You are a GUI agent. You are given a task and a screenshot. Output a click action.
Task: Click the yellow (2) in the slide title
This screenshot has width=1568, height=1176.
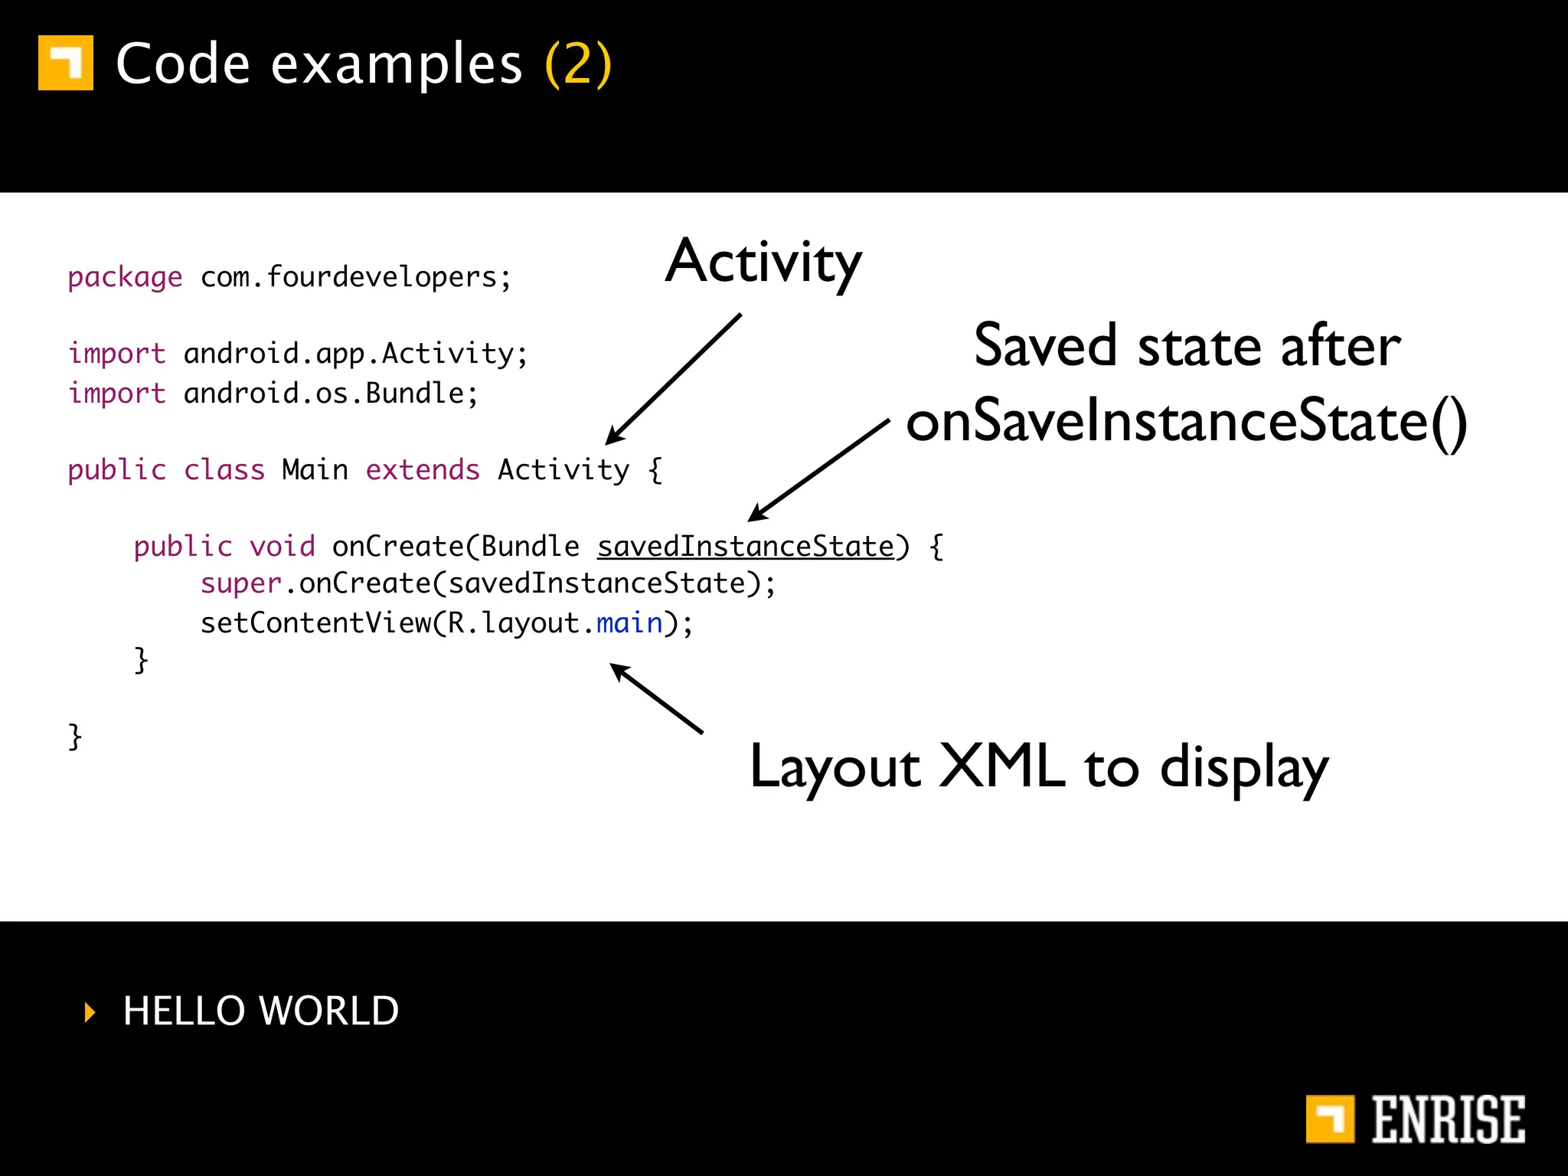578,64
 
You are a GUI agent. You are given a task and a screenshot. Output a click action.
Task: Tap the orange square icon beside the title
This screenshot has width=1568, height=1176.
66,63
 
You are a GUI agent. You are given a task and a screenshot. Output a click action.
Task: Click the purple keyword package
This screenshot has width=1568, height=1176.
125,277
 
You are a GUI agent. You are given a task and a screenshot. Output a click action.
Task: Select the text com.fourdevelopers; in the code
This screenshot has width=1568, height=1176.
356,277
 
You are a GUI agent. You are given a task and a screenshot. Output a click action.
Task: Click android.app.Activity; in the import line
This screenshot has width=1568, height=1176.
356,354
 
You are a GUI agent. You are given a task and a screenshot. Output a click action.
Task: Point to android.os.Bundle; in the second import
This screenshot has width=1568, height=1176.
331,394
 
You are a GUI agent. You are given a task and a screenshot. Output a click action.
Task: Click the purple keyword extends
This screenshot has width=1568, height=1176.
423,469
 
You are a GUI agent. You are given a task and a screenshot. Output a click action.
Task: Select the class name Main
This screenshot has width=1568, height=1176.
315,469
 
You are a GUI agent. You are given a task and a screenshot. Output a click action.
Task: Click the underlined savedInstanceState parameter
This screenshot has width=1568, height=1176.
746,547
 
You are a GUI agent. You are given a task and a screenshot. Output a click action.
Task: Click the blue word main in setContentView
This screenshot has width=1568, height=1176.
629,623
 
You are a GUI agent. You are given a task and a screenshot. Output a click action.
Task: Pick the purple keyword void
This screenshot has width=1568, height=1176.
282,547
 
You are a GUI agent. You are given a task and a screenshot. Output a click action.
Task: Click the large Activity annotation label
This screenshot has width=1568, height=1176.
763,262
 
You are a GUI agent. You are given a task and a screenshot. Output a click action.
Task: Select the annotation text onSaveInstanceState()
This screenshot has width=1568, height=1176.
1186,422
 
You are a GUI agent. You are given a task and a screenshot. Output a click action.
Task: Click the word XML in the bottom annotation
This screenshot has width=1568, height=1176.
1002,766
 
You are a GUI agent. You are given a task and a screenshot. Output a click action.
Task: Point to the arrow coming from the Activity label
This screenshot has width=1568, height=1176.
674,378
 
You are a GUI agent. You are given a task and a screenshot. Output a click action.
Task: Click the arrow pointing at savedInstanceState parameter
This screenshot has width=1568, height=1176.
819,470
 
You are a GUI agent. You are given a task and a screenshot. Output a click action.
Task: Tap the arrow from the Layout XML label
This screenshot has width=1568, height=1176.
657,698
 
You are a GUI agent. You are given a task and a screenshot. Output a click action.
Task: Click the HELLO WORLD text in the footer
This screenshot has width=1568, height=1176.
261,1011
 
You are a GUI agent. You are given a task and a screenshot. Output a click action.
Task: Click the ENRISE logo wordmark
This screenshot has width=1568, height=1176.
1447,1119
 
